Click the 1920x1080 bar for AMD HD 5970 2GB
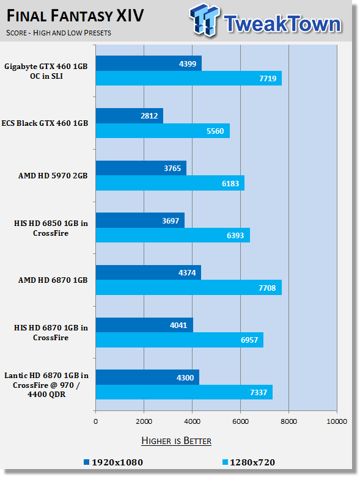tap(141, 168)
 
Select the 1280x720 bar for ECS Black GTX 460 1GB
tap(163, 131)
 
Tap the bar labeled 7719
tap(189, 78)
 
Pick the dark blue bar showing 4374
tap(149, 272)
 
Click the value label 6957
tap(249, 340)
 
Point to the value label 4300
tap(185, 377)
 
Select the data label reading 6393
tap(235, 236)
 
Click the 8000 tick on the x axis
tap(288, 421)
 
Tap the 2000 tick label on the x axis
tap(144, 421)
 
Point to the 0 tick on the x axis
tap(95, 421)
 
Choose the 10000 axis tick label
tap(337, 421)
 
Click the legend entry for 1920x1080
tap(113, 462)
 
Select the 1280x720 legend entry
tap(249, 462)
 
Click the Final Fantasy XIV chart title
tap(75, 15)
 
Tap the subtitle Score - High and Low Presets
tap(59, 32)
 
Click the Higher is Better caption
tap(177, 441)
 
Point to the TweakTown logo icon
tap(204, 20)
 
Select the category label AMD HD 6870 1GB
tap(53, 280)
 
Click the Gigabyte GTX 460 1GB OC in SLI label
tap(46, 71)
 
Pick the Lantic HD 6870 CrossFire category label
tap(46, 385)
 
